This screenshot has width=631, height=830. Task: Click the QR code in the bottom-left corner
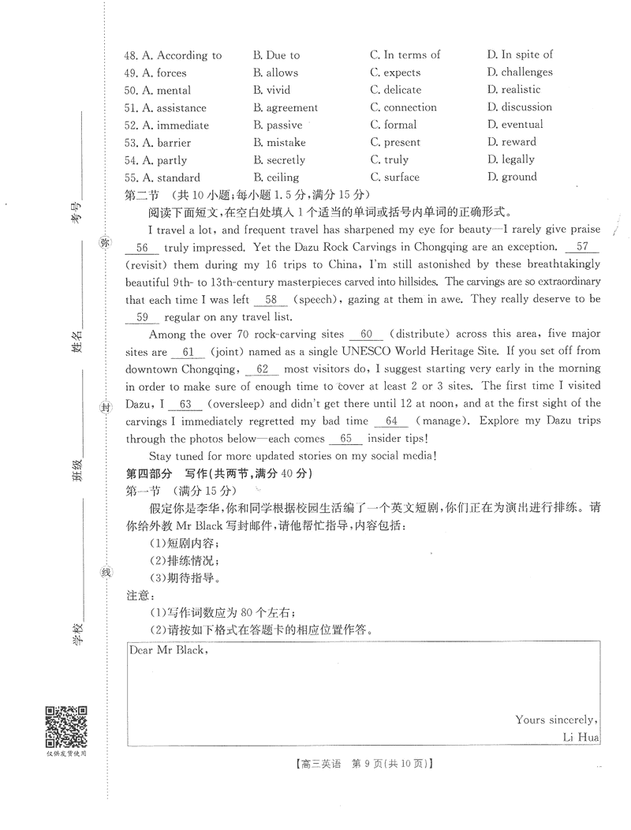coord(65,727)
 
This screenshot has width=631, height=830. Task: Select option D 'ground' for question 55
coord(512,177)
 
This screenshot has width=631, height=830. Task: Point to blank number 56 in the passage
coord(142,247)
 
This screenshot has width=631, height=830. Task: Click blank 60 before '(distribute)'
coord(366,335)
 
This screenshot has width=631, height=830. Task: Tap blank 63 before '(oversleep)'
coord(186,404)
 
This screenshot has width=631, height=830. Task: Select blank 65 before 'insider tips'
coord(345,439)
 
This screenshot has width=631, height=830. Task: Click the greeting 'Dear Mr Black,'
coord(168,650)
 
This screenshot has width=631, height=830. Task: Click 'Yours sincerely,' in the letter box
coord(556,719)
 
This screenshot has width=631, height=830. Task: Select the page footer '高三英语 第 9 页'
coord(363,763)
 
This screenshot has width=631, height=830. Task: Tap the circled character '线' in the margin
coord(104,572)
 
